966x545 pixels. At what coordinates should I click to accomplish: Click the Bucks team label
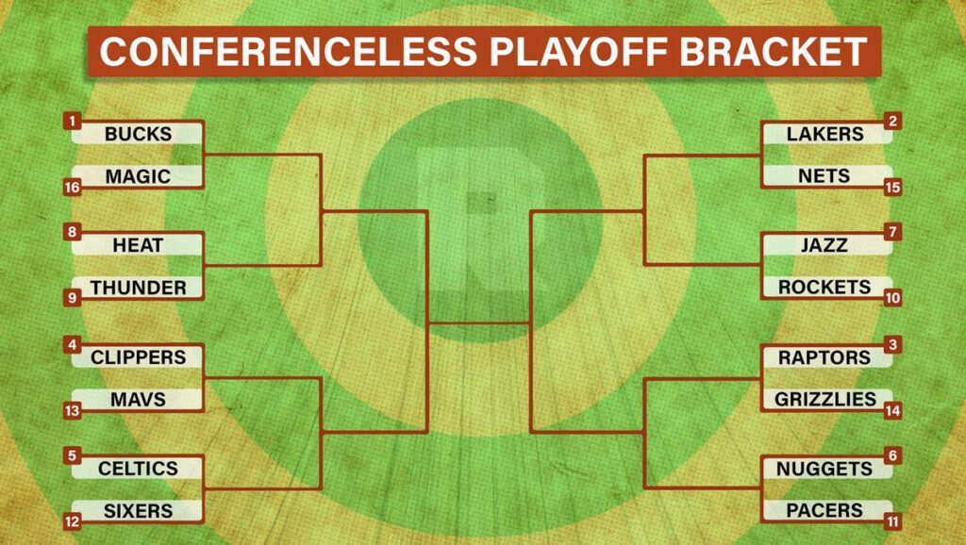tap(138, 133)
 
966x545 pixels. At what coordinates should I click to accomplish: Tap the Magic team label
tap(138, 176)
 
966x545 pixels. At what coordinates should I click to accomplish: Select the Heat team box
tap(138, 244)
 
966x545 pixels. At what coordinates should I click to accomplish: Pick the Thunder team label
tap(138, 288)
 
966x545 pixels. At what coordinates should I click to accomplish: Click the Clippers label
tap(138, 356)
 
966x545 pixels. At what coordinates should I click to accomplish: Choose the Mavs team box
tap(138, 399)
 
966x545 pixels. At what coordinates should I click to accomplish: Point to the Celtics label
tap(138, 468)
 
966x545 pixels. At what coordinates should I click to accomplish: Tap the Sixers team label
tap(138, 510)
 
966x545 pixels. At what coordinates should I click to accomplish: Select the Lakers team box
tap(826, 133)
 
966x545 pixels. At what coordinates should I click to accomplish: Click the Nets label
tap(826, 176)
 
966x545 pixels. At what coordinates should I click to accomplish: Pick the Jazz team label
tap(826, 244)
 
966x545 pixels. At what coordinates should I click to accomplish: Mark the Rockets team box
tap(826, 287)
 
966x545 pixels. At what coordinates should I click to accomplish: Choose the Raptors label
tap(826, 356)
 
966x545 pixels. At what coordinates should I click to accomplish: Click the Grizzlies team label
tap(826, 399)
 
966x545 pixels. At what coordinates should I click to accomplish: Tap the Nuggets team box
tap(826, 468)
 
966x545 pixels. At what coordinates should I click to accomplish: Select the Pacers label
tap(826, 510)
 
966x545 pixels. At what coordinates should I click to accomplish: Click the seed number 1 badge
tap(72, 121)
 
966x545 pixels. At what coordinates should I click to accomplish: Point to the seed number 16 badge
tap(72, 188)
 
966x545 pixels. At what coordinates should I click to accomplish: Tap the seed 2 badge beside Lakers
tap(892, 121)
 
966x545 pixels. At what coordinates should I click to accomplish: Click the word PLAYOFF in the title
tap(578, 51)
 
